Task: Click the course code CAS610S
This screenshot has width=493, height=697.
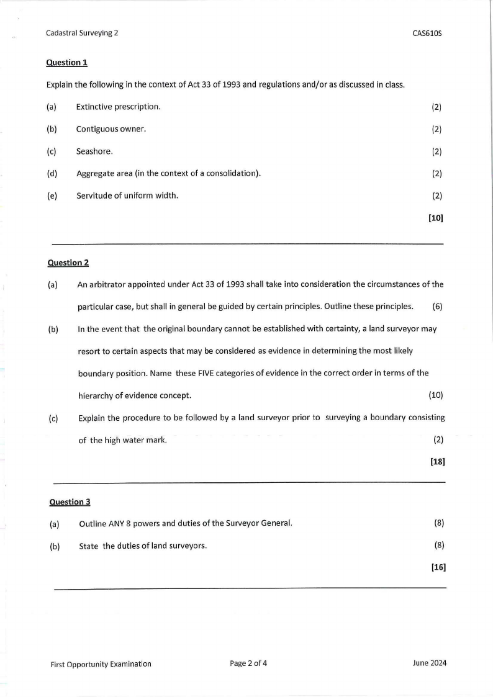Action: point(427,34)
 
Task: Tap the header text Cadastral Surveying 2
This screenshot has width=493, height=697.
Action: point(82,34)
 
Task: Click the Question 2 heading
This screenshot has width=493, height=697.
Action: point(68,263)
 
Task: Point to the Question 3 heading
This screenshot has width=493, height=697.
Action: point(70,501)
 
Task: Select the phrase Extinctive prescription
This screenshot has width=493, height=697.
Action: point(119,107)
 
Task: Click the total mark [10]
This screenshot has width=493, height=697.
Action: point(435,218)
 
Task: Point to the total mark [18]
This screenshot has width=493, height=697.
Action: point(437,462)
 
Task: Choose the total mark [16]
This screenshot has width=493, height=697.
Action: point(438,567)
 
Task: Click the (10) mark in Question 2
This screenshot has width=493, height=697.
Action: point(436,395)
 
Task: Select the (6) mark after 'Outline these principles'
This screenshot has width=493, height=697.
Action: point(438,307)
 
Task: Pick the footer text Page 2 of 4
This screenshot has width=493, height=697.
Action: point(248,663)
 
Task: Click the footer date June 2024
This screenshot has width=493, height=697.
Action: point(429,663)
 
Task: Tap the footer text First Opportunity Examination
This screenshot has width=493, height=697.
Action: point(101,663)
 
